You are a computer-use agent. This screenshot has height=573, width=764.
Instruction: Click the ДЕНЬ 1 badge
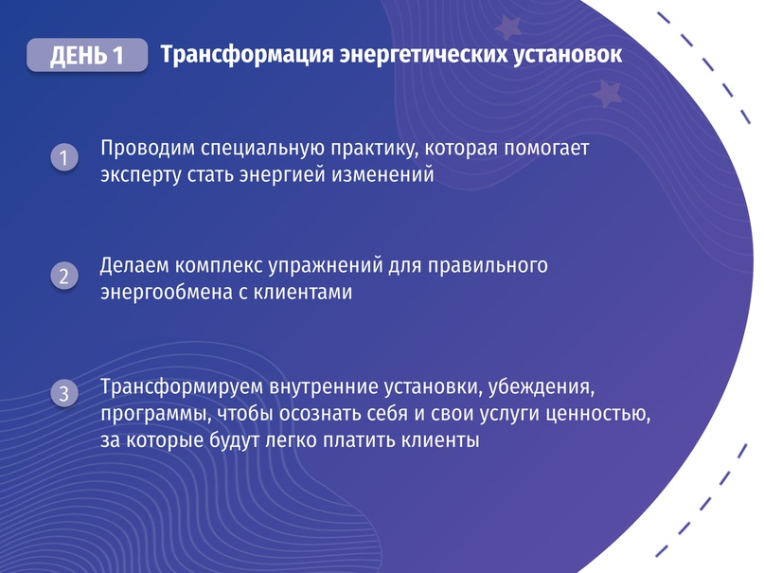click(87, 55)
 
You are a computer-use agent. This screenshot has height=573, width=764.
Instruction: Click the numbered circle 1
click(64, 157)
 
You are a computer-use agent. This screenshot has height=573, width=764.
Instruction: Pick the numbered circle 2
click(64, 276)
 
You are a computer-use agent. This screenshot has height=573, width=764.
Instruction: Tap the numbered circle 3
click(64, 393)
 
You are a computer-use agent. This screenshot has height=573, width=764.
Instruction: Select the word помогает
click(546, 148)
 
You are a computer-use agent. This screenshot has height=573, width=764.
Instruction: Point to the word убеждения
click(542, 386)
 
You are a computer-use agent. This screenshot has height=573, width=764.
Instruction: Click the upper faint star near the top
click(507, 27)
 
